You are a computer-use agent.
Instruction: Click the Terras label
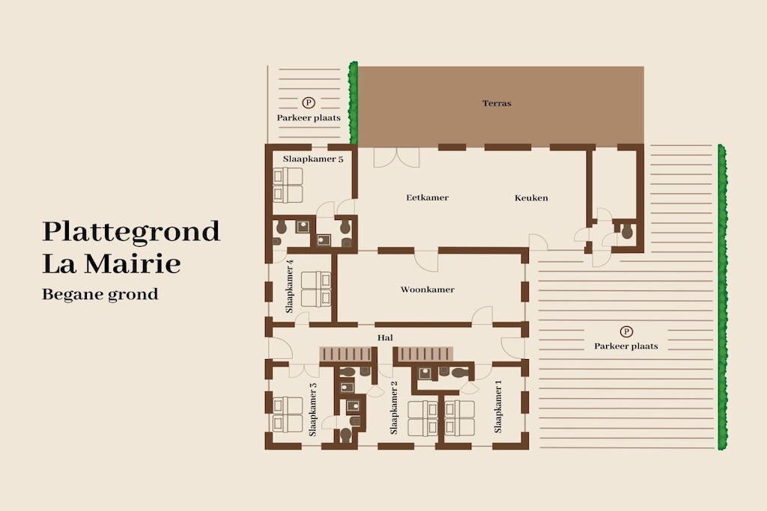click(x=497, y=103)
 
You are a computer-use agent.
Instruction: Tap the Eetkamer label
click(x=427, y=198)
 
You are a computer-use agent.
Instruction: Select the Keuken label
click(x=531, y=198)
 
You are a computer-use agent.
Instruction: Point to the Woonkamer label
click(x=427, y=290)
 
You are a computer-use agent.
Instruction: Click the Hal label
click(x=385, y=337)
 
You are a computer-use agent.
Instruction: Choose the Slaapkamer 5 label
click(x=313, y=159)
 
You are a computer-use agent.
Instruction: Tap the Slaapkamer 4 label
click(x=289, y=287)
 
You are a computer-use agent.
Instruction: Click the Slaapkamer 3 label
click(x=312, y=409)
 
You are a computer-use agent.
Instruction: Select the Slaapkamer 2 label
click(x=394, y=408)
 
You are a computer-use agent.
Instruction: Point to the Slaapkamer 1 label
click(x=498, y=406)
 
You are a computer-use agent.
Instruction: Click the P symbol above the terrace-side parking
click(x=308, y=102)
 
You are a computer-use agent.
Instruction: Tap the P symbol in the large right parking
click(x=626, y=331)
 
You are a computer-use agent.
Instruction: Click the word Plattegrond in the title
click(x=131, y=232)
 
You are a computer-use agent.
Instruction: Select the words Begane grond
click(x=100, y=295)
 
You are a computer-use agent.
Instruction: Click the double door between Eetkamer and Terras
click(x=397, y=156)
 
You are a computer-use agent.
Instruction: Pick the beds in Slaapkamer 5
click(x=288, y=185)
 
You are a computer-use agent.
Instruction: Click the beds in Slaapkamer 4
click(x=316, y=290)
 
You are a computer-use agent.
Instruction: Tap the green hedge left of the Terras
click(x=354, y=103)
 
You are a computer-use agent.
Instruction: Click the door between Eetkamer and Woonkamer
click(x=426, y=260)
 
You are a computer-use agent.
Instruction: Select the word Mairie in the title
click(x=133, y=264)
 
